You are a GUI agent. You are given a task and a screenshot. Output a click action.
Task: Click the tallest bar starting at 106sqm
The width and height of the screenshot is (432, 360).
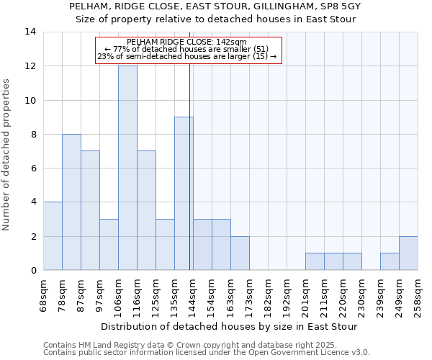[x=127, y=168]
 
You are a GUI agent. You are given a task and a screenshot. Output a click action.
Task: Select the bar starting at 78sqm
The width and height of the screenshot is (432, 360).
[x=71, y=202]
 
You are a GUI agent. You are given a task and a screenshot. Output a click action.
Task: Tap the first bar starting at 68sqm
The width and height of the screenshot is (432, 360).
[x=53, y=236]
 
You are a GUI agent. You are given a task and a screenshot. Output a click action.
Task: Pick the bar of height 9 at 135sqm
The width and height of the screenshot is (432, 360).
[x=184, y=194]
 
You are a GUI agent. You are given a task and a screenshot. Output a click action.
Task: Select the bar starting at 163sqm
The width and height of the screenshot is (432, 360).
[x=240, y=253]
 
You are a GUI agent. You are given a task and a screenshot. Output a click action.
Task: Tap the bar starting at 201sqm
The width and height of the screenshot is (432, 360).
[x=315, y=262]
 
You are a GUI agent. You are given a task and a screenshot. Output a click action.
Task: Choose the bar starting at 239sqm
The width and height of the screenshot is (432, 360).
[x=390, y=262]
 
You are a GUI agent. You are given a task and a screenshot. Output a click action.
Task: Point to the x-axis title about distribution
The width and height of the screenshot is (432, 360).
[x=230, y=326]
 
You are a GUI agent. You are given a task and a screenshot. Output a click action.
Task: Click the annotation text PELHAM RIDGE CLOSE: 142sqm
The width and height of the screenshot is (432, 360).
[x=186, y=42]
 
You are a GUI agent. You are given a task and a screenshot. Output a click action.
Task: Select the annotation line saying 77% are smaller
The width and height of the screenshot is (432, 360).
[x=186, y=49]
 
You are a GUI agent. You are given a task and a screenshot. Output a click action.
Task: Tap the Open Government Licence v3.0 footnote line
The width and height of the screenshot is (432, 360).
[x=207, y=353]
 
